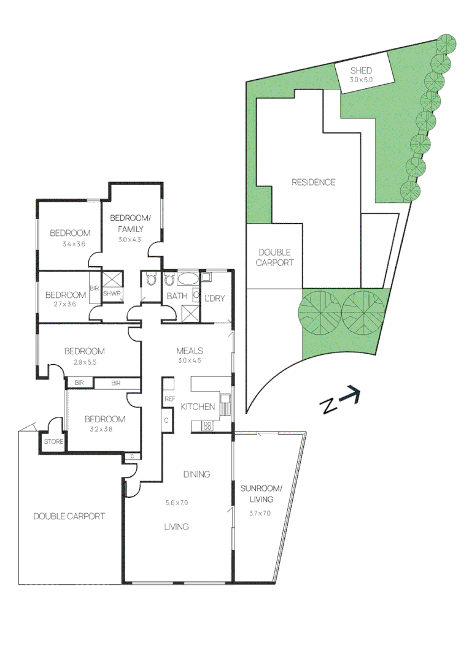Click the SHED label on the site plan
[362, 70]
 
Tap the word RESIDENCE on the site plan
[313, 182]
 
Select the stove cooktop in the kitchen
[207, 425]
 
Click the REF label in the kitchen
[170, 399]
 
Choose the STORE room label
[53, 441]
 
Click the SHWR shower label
[112, 294]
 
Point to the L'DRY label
[214, 298]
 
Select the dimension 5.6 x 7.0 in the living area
[176, 503]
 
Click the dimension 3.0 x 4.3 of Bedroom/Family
[130, 239]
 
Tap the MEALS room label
[190, 351]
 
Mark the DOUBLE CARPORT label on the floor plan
[69, 516]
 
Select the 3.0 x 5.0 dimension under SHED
[362, 80]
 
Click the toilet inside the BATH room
[170, 281]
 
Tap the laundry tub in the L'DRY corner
[206, 277]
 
